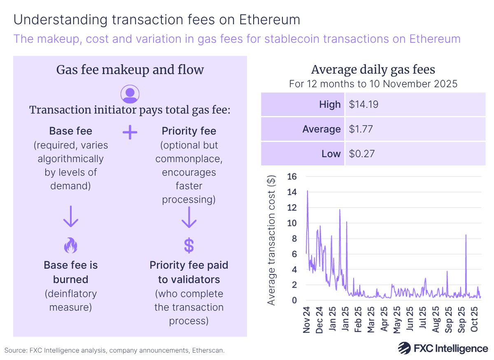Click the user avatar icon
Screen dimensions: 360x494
click(x=130, y=94)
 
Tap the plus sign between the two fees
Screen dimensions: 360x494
click(x=130, y=132)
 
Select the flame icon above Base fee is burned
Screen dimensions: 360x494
click(x=70, y=246)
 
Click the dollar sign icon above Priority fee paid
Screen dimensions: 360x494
click(x=189, y=246)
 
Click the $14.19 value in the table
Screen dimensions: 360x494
click(x=364, y=105)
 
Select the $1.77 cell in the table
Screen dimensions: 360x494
click(x=361, y=129)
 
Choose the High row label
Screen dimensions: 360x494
click(x=330, y=105)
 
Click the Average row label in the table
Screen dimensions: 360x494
click(x=322, y=129)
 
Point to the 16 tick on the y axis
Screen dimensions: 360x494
click(x=291, y=177)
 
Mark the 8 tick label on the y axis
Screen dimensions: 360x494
click(x=294, y=238)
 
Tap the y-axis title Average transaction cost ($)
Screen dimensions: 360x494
click(x=271, y=239)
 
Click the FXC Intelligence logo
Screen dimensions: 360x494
click(x=443, y=348)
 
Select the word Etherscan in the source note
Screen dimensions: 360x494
click(x=210, y=351)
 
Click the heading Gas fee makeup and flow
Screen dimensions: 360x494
click(x=130, y=70)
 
